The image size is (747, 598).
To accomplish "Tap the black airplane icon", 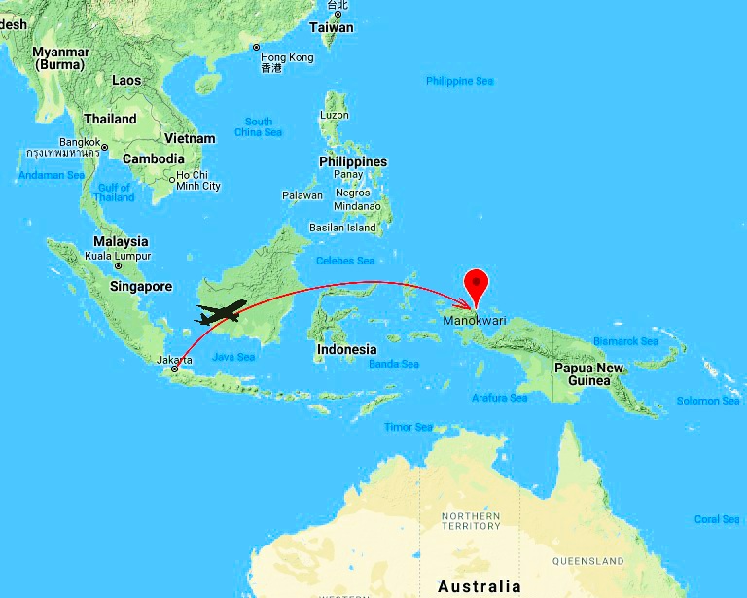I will [x=221, y=313].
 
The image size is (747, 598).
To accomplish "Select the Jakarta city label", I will [x=174, y=360].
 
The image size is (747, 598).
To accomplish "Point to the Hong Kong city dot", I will [x=257, y=47].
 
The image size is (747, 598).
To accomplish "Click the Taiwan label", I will [x=332, y=27].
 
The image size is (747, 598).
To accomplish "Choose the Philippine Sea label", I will [x=459, y=81].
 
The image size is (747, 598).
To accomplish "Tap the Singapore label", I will [x=140, y=287].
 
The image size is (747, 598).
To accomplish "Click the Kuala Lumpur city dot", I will [x=118, y=265].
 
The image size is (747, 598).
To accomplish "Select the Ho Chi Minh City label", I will [x=197, y=181].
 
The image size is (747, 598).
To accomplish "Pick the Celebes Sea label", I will [x=345, y=261].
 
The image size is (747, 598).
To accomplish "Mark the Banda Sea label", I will [x=394, y=364].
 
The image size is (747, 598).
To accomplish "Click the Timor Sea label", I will [x=409, y=427].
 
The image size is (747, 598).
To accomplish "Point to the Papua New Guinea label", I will [x=588, y=374].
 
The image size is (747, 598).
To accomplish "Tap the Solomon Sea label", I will [x=708, y=401].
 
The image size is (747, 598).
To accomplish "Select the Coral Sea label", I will [x=717, y=519].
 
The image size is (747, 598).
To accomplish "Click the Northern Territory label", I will [x=470, y=520].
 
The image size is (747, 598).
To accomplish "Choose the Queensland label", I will [x=587, y=561].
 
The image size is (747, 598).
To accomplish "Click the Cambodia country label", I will [x=153, y=158].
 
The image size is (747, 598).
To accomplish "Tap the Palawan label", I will [x=302, y=195].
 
